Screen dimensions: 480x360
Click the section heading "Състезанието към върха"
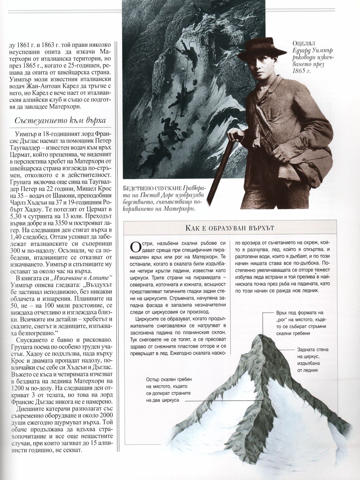60,121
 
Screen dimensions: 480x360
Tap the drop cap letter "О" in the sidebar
134,246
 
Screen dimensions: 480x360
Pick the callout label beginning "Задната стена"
313,350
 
